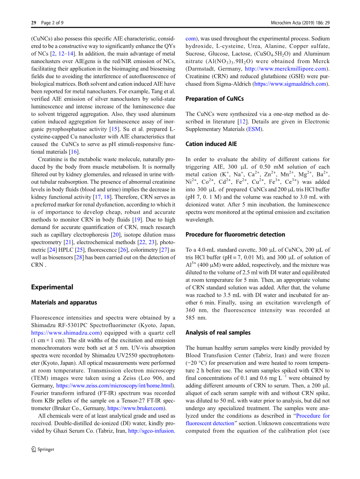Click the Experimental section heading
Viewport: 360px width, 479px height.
coord(52,287)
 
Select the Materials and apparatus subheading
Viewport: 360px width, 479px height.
coord(64,303)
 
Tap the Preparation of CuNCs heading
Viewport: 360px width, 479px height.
coord(214,99)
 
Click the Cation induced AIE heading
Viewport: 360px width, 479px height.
coord(211,144)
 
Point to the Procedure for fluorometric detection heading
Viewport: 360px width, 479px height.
coord(235,235)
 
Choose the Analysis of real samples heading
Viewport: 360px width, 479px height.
coord(218,333)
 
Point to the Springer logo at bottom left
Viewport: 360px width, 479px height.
coord(43,449)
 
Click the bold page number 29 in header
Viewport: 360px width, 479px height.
coord(34,23)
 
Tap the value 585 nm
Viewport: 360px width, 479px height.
coord(196,318)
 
